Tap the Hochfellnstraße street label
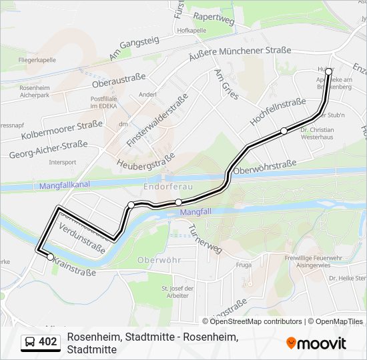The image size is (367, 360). (277, 112)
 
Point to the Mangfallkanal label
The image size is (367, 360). (65, 184)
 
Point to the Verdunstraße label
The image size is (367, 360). (82, 241)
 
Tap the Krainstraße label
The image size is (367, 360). (75, 267)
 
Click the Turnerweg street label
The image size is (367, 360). (205, 237)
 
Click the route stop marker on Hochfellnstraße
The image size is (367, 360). (284, 131)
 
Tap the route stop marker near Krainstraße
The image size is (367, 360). (50, 257)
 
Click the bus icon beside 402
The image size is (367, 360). (30, 343)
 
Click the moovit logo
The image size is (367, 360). (316, 343)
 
